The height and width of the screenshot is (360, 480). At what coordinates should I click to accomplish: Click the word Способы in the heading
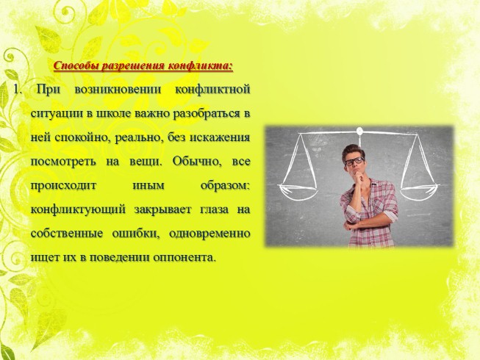point(79,66)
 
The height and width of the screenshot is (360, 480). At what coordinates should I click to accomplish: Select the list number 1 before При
point(15,90)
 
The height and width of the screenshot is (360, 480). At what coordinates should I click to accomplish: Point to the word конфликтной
point(213,90)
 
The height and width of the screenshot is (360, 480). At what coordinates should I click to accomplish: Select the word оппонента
point(184,258)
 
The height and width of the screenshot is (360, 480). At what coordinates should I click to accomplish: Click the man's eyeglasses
point(354,160)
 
